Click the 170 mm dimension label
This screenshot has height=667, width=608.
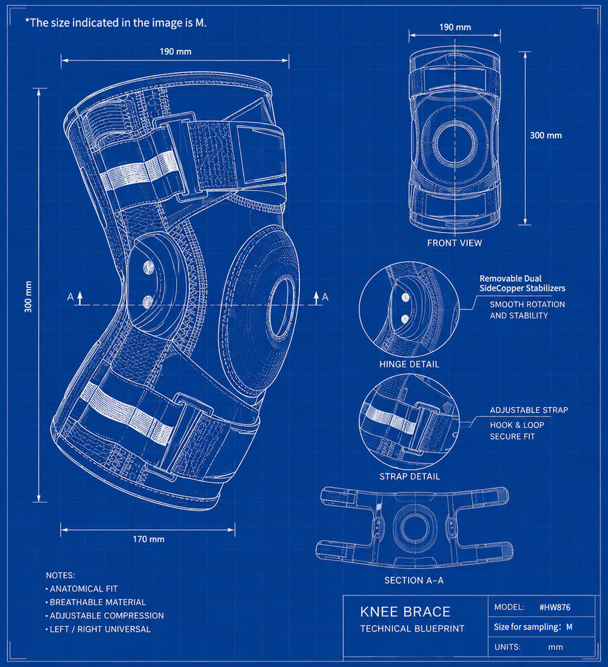(149, 539)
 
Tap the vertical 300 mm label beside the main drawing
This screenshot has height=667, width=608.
(28, 297)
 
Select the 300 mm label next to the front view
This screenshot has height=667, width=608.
(546, 135)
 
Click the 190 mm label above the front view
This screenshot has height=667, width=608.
(455, 27)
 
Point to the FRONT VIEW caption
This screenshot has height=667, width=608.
(454, 243)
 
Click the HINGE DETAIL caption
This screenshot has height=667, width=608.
(409, 364)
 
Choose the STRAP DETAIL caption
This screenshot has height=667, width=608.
(409, 477)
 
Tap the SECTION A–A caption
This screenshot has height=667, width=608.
(414, 580)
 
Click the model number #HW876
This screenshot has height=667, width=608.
(555, 607)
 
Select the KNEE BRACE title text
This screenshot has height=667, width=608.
(405, 611)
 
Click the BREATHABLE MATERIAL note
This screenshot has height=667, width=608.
(98, 602)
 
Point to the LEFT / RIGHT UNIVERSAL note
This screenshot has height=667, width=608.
(100, 629)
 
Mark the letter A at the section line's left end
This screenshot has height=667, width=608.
(70, 297)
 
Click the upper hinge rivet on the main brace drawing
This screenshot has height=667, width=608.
(149, 267)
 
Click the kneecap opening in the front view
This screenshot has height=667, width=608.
(455, 143)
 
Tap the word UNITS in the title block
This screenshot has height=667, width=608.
(507, 647)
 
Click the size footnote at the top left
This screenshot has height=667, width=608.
(116, 22)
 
